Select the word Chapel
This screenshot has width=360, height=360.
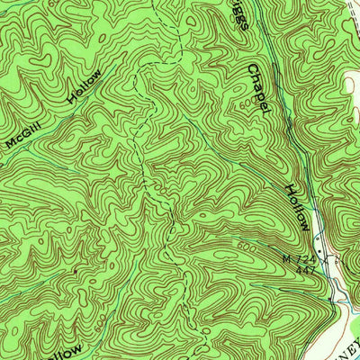[x=258, y=89]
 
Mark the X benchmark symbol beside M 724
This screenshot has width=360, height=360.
[x=324, y=258]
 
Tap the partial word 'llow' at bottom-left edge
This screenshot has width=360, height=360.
[x=72, y=349]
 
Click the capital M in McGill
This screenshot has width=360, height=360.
[x=9, y=143]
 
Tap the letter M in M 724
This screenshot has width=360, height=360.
[x=287, y=259]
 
